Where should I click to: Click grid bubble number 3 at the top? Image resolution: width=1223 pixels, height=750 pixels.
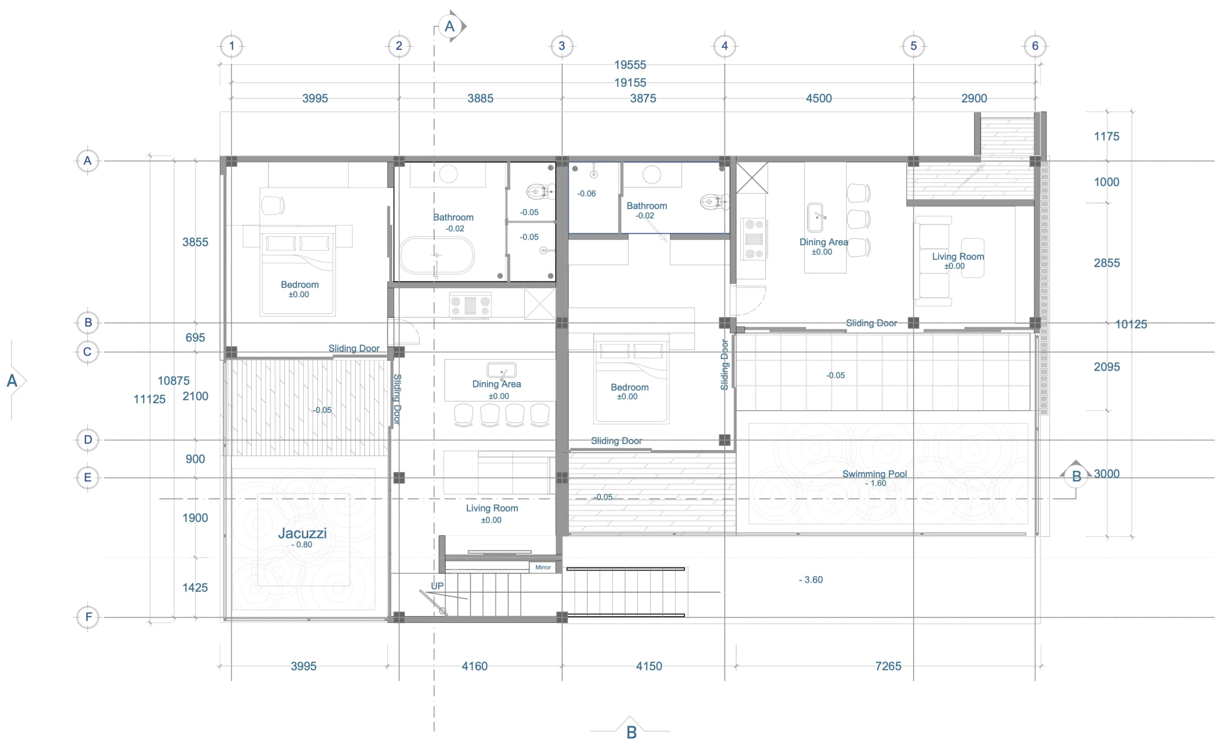coord(562,46)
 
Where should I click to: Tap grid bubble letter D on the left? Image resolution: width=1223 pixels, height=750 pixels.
coord(88,440)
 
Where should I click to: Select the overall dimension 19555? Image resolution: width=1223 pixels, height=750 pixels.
coord(630,65)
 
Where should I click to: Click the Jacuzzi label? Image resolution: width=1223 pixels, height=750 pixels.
coord(302,533)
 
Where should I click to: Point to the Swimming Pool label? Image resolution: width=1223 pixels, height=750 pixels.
coord(874,474)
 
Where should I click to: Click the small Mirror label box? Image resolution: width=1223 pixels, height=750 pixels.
coord(543,568)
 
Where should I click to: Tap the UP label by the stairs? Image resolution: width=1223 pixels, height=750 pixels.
coord(437,586)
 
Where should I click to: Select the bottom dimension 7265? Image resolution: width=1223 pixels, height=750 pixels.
coord(888,666)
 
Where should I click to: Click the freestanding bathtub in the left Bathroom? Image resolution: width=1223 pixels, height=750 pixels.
coord(437,255)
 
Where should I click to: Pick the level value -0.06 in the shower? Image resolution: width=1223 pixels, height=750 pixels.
coord(586,193)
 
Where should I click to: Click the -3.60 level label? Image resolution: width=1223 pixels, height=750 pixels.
coord(811,580)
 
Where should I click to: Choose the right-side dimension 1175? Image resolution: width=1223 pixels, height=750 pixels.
coord(1106,137)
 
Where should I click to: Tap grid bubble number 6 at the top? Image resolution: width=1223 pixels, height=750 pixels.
coord(1035,46)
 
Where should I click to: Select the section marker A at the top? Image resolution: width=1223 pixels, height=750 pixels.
coord(450,26)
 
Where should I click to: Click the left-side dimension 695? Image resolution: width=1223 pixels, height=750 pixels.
coord(195,338)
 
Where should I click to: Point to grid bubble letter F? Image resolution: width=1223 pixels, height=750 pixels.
coord(88,617)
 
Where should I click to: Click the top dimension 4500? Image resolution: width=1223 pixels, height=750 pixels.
coord(818,98)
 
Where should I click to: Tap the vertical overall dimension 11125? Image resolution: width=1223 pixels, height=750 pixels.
coord(150,399)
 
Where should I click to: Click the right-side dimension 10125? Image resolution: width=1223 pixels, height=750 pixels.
coord(1131,324)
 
